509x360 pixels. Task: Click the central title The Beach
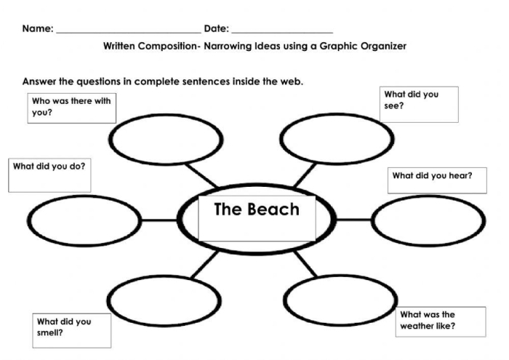pyautogui.click(x=256, y=209)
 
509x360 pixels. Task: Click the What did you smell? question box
pyautogui.click(x=71, y=330)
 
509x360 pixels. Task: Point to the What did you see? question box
pyautogui.click(x=420, y=103)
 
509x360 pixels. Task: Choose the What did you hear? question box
pyautogui.click(x=436, y=180)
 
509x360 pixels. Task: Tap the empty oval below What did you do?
pyautogui.click(x=84, y=220)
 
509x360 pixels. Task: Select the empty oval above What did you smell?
pyautogui.click(x=164, y=300)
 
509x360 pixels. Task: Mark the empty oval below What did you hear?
pyautogui.click(x=428, y=220)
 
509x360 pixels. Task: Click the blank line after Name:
pyautogui.click(x=128, y=32)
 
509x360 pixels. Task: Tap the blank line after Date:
pyautogui.click(x=282, y=32)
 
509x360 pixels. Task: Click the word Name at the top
pyautogui.click(x=36, y=29)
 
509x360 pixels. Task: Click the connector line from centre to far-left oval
pyautogui.click(x=159, y=220)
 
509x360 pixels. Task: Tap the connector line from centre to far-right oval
pyautogui.click(x=354, y=219)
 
